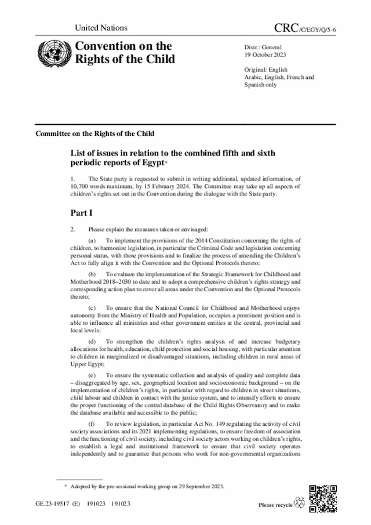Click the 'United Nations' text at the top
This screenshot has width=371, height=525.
click(100, 28)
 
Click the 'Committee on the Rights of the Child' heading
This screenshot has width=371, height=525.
click(95, 133)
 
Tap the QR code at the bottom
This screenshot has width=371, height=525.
click(323, 497)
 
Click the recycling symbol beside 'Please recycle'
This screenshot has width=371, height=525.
click(300, 503)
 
